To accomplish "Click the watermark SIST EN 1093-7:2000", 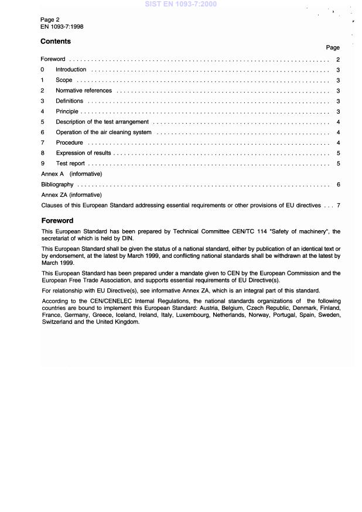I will pos(180,4).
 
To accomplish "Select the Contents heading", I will pos(56,42).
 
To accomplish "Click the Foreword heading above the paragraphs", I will pos(57,221).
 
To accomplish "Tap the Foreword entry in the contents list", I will pos(53,60).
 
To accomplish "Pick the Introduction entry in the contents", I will pos(71,70).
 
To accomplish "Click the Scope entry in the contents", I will pos(64,80).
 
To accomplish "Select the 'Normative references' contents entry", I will pos(84,91).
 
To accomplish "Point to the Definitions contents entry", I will pos(69,101).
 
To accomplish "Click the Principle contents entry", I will pos(67,112).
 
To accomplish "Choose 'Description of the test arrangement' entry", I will pos(103,122).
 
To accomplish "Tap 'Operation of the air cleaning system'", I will pos(104,132).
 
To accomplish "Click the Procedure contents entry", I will pos(69,143).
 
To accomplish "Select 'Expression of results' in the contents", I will pos(83,153).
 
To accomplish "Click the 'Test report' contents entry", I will pos(70,163).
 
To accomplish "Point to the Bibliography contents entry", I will pos(57,185).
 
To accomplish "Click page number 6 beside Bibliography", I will pos(339,185).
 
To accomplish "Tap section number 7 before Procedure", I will pos(42,143).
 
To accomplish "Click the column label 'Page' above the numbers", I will pos(333,47).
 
